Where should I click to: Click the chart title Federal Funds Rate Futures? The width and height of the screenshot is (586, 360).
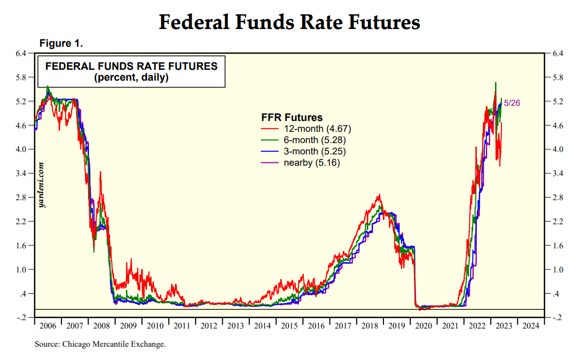pos(290,23)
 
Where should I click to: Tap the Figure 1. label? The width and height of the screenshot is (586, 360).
pos(61,44)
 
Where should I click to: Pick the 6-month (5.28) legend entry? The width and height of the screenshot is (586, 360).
pos(316,140)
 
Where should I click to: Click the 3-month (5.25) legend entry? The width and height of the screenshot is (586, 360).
pos(316,151)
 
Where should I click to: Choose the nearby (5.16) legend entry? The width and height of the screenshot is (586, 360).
pos(312,163)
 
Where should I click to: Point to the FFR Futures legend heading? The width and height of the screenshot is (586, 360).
pos(292,118)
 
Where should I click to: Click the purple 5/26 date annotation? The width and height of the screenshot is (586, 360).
pos(512,103)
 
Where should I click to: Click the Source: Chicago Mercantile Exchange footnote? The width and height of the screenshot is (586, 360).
pos(100,344)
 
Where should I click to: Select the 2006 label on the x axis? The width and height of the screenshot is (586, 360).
pos(48,326)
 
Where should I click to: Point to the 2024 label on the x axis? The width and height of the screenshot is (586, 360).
pos(529,326)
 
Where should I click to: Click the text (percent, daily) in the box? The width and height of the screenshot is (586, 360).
pos(131,77)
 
